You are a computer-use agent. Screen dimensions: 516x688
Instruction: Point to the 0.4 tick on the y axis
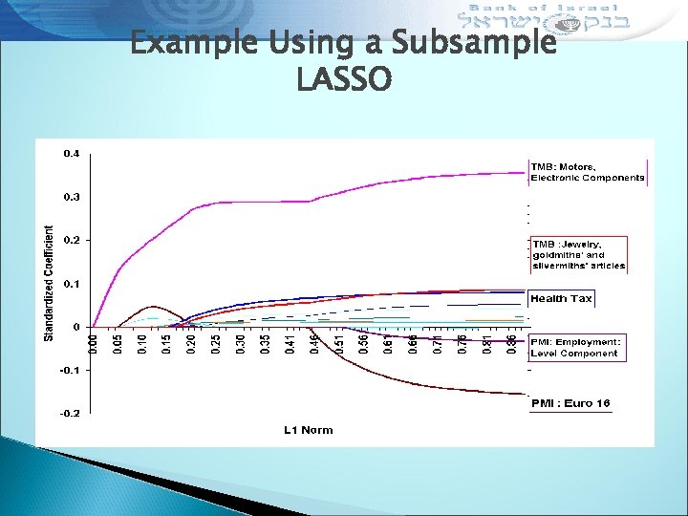[72, 153]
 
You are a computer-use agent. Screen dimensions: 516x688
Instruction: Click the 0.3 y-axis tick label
[72, 197]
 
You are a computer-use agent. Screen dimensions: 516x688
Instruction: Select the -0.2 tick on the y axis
[70, 413]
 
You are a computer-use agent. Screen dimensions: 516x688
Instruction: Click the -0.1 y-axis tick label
[70, 370]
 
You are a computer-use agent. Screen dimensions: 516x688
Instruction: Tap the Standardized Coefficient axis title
[50, 283]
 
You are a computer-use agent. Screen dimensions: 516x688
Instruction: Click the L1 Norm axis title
[308, 430]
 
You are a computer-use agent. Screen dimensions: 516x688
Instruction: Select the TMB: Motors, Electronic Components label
[588, 172]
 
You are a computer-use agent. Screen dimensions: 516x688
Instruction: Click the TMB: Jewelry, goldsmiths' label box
[578, 255]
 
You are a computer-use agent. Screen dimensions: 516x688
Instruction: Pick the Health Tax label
[561, 299]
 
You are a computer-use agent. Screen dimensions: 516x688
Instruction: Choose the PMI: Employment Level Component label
[575, 348]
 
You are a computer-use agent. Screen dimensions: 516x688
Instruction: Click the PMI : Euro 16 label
[570, 403]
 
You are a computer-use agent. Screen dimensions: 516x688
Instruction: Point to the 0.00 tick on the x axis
[93, 341]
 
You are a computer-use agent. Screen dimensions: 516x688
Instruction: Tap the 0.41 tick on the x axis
[290, 341]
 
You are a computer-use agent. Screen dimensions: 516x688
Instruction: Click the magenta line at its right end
[524, 173]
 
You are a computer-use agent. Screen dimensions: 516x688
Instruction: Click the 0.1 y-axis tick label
[72, 283]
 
